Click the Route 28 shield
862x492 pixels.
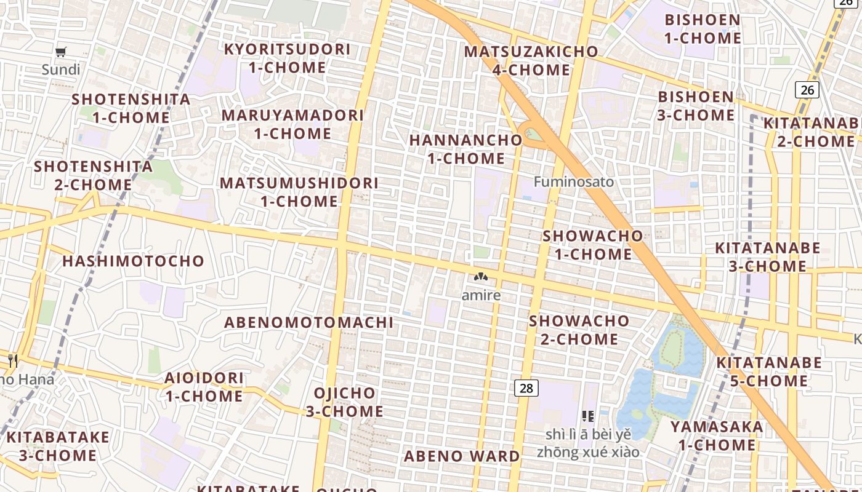(x=526, y=388)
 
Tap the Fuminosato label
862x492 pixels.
(x=574, y=182)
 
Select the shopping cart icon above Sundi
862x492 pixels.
(x=60, y=52)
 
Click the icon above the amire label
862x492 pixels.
(x=481, y=277)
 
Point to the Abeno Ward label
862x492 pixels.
(x=462, y=456)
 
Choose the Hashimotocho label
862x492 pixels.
(x=133, y=261)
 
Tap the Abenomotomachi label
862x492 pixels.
(x=308, y=322)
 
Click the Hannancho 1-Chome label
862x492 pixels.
(x=465, y=149)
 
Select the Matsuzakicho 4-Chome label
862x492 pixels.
(x=531, y=61)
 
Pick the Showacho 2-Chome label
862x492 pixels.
(x=579, y=330)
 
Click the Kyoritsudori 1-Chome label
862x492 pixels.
(x=287, y=58)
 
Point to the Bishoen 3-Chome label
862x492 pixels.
(x=696, y=106)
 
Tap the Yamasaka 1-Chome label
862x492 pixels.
(x=717, y=435)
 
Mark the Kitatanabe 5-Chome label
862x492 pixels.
(x=769, y=371)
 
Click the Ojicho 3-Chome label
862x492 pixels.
(x=345, y=402)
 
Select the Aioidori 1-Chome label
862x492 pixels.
(x=204, y=387)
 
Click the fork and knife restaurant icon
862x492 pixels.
(x=13, y=360)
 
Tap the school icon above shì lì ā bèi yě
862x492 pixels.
(x=587, y=416)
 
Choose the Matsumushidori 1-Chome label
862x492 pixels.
(x=299, y=192)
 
